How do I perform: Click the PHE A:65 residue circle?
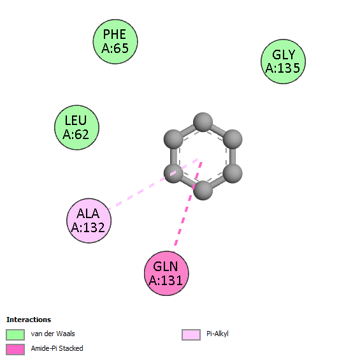115,41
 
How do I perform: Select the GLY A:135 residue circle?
283,61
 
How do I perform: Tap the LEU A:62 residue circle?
76,128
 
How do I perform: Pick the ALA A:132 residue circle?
89,221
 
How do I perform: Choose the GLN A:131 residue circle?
166,273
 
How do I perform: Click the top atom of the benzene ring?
203,122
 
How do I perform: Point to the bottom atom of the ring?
203,190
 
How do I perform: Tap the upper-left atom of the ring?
173,139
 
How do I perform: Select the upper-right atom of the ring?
233,139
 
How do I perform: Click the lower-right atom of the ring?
233,173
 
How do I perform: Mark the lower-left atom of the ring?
173,173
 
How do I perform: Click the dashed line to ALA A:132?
153,184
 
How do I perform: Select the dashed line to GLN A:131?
188,203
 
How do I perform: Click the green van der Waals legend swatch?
15,334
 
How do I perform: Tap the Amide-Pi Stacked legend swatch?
15,350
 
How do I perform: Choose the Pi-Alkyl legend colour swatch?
191,334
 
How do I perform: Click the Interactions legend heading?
29,320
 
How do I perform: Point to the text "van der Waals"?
53,334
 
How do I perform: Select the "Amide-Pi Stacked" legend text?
57,348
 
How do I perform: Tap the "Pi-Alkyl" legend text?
217,334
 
